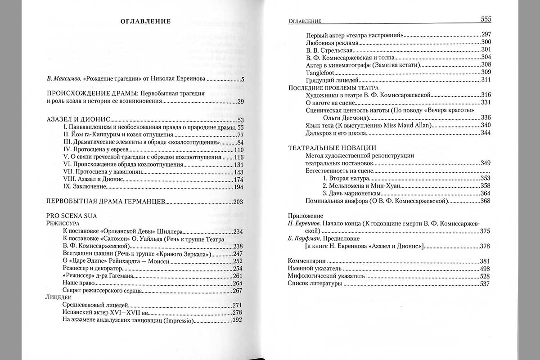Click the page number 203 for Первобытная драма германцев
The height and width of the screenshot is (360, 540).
point(238,201)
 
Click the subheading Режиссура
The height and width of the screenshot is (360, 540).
point(63,223)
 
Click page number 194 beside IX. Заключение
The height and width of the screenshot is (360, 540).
point(238,187)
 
